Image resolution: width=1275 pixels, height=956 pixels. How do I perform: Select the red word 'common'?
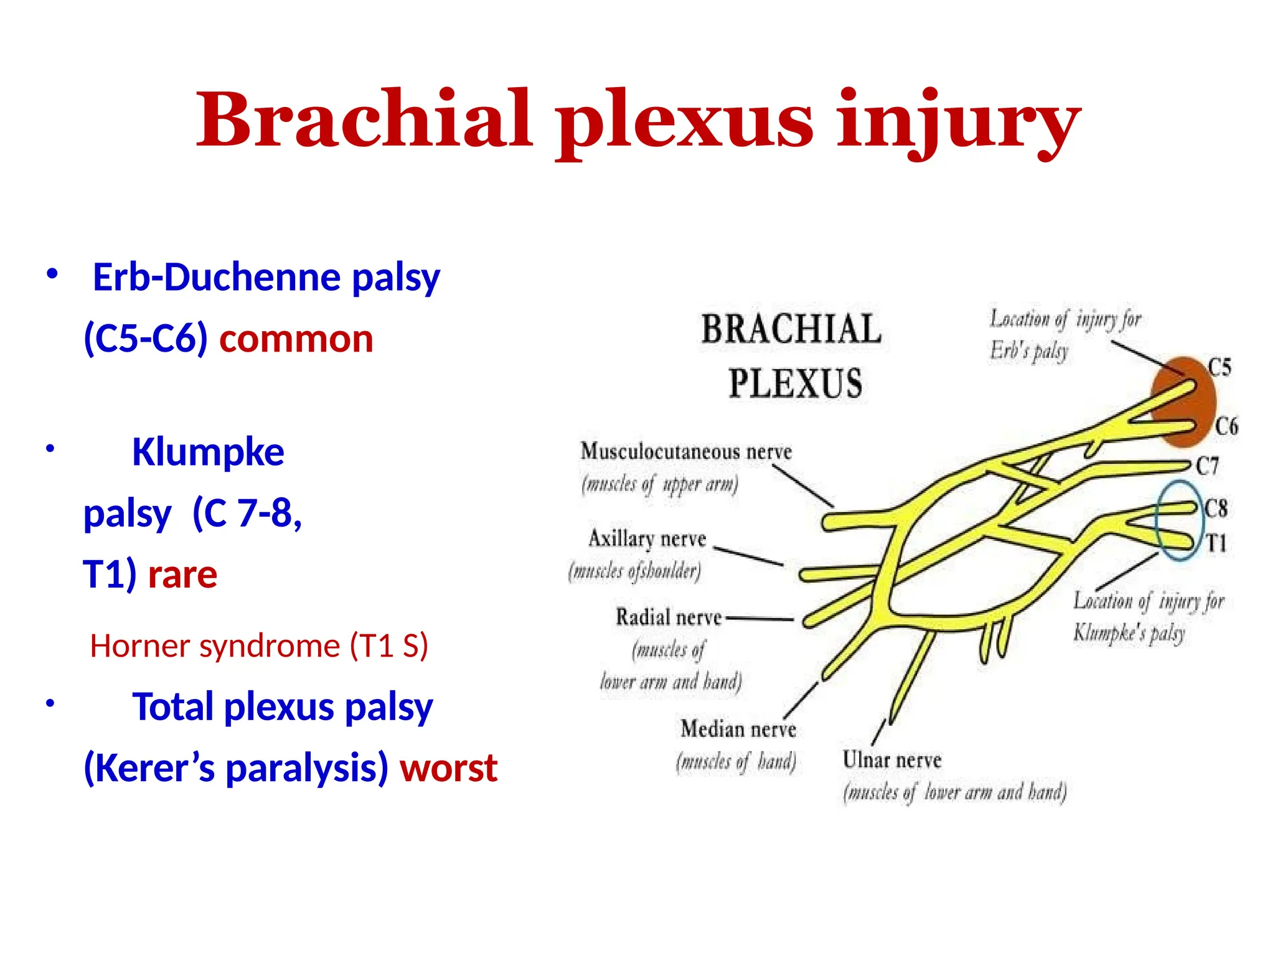point(296,339)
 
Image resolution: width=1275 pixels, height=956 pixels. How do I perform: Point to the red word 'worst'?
point(448,767)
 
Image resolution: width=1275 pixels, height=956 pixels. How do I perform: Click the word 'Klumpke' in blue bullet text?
point(208,452)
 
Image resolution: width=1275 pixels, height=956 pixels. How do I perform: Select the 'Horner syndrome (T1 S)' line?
point(259,646)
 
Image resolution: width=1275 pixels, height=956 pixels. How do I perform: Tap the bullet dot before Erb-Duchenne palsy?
point(52,274)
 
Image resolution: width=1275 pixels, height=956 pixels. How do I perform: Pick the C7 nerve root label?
point(1207,466)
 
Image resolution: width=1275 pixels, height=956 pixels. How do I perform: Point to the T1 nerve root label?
point(1216,543)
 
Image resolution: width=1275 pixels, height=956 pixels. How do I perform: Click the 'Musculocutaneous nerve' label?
point(686,451)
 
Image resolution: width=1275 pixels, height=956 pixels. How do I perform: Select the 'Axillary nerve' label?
point(647,538)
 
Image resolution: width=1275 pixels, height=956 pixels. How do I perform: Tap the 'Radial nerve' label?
point(668,617)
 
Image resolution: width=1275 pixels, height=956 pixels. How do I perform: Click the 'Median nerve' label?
point(738,729)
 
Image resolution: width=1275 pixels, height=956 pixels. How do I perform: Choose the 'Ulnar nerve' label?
point(892,760)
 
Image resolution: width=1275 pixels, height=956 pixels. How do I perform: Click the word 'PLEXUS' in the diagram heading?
point(795,383)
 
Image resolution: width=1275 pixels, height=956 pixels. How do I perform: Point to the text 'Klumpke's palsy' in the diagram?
point(1128,634)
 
